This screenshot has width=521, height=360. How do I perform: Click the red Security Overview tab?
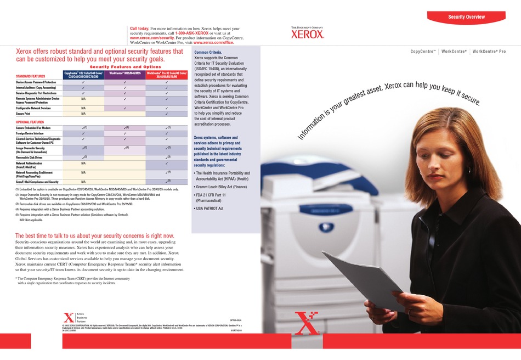pos(466,17)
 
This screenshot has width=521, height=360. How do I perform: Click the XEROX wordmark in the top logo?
pos(308,34)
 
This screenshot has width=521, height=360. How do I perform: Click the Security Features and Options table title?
pos(125,66)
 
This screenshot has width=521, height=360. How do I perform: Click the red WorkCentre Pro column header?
pos(166,75)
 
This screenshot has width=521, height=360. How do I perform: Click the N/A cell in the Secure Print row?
pos(83,114)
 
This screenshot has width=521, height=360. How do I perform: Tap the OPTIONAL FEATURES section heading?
pos(30,122)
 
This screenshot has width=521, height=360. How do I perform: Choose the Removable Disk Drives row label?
pos(32,157)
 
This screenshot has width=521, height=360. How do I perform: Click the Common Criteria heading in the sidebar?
pos(208,52)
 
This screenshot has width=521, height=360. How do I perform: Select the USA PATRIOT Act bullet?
pos(210,209)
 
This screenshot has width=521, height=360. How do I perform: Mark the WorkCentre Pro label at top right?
pos(489,51)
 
